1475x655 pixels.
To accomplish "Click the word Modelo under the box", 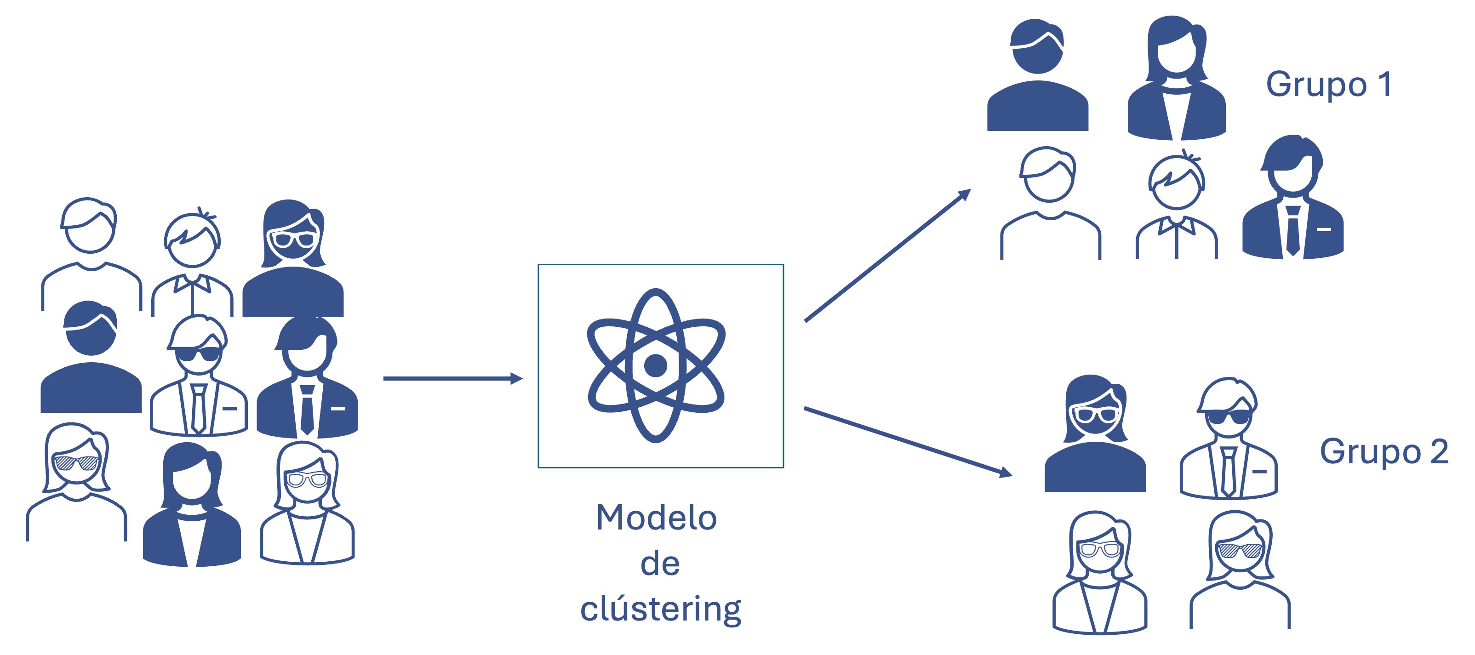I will [656, 518].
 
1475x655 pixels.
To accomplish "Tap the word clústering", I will [660, 609].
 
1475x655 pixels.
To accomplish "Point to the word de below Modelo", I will [660, 564].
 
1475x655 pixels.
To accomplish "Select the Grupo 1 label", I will [1328, 85].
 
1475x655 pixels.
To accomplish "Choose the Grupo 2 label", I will [1384, 452].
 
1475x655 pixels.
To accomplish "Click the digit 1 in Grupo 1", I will [1384, 84].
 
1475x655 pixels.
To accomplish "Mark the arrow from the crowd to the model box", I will [452, 378].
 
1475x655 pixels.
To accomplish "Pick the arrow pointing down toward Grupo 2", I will [908, 441].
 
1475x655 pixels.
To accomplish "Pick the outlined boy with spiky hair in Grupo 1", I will [1176, 206].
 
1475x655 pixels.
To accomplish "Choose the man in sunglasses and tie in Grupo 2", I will [1228, 438].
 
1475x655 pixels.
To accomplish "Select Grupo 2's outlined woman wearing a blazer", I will [1099, 573].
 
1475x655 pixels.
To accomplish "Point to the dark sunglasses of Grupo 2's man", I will [1228, 417].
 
